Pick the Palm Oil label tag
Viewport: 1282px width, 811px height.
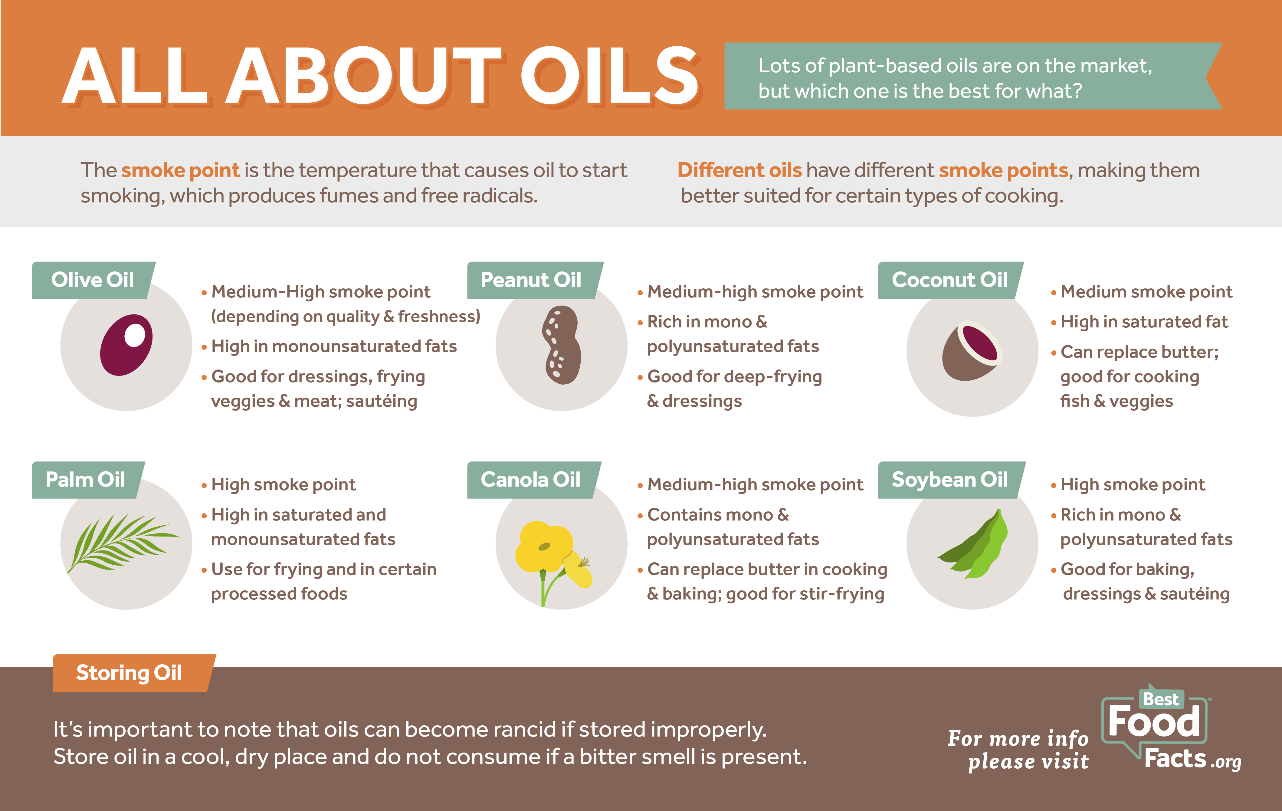pos(88,479)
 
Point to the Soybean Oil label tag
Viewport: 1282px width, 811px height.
pos(951,479)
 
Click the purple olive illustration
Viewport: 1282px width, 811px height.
pos(126,345)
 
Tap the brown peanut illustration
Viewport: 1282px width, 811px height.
pos(561,345)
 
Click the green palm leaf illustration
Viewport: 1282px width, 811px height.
pos(123,543)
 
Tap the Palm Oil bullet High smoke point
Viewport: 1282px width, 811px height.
pos(283,484)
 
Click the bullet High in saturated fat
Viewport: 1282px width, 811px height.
pos(1144,322)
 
